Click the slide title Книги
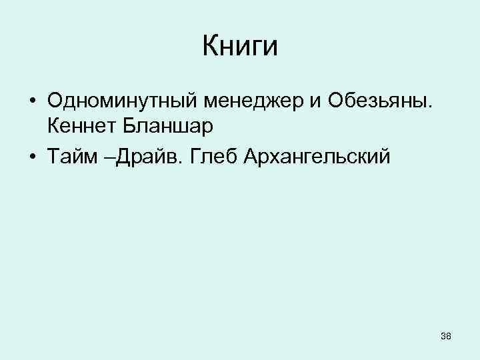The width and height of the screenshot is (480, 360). tap(239, 47)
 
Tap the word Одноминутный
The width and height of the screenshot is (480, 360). tap(121, 101)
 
